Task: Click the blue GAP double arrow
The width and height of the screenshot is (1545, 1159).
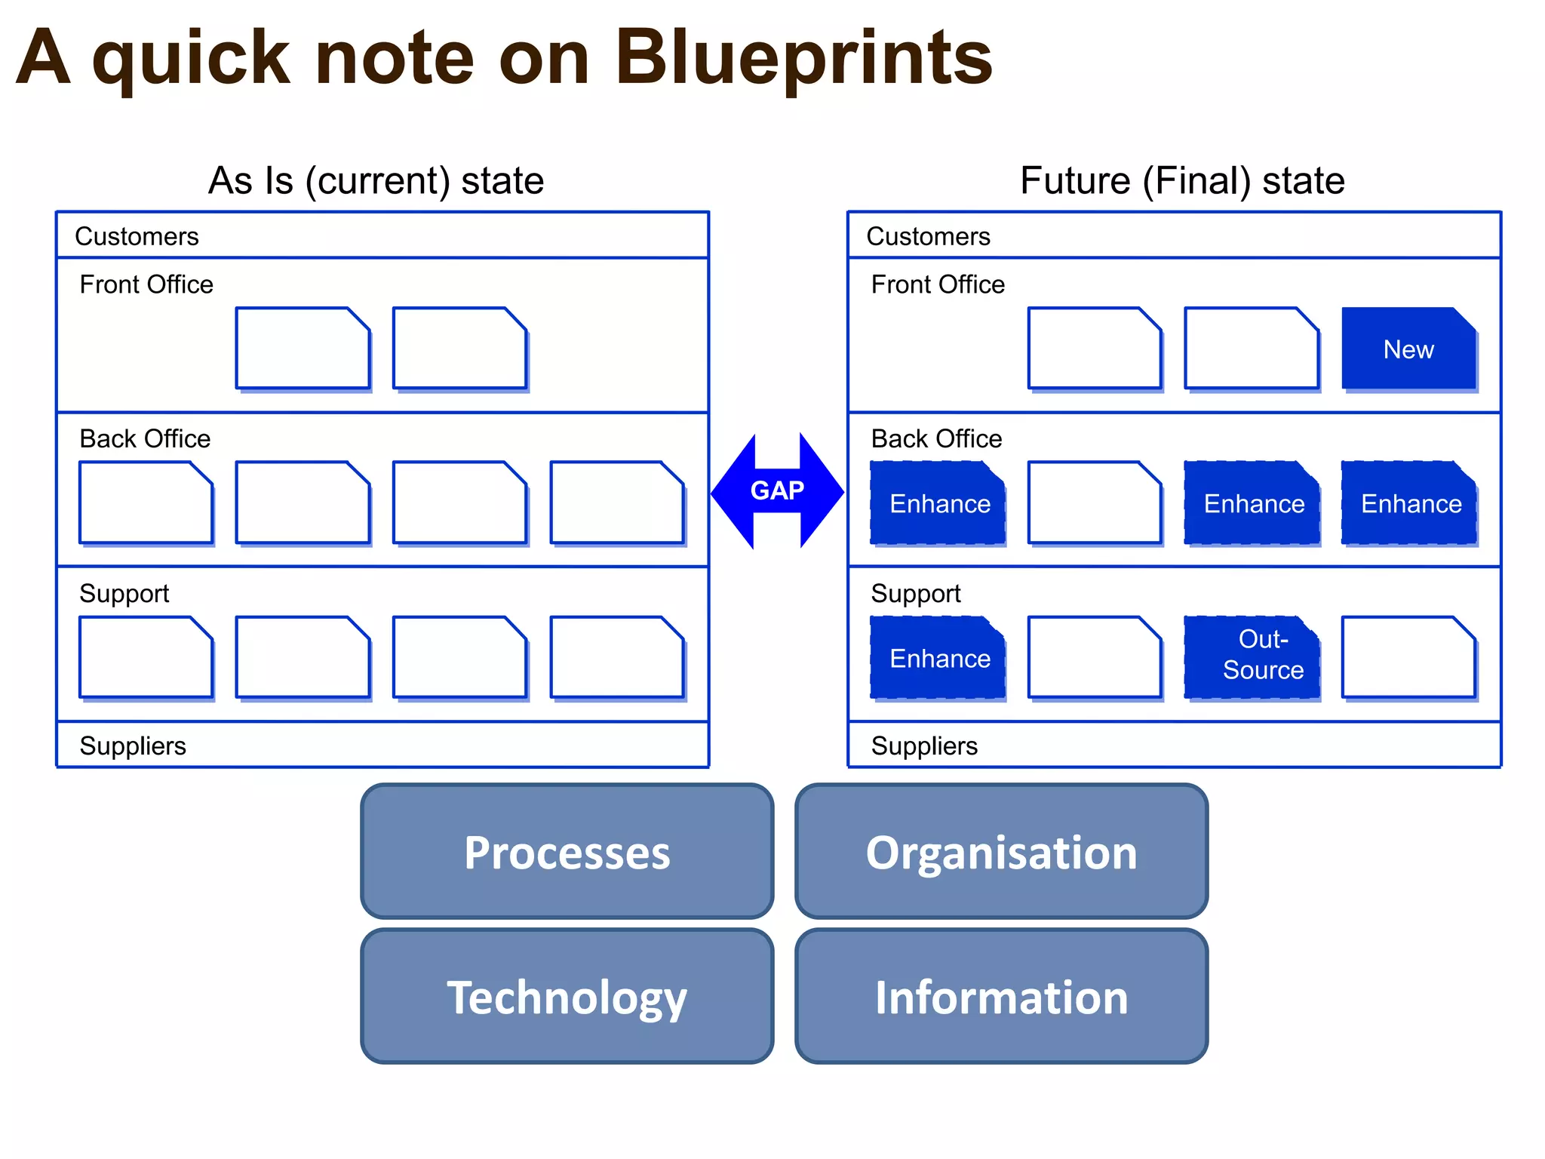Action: pos(777,490)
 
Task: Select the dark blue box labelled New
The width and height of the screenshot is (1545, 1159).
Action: pos(1408,349)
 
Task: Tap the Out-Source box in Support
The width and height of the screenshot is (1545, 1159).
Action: pos(1252,656)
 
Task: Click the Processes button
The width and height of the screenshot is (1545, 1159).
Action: pos(567,852)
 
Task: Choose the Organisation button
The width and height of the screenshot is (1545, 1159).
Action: pos(1001,852)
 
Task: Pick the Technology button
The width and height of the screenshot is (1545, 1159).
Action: pos(567,997)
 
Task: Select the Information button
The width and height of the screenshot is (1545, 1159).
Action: pos(1001,997)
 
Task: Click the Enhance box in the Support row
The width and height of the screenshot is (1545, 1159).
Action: pos(938,658)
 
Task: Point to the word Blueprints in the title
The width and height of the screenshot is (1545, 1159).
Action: pos(803,58)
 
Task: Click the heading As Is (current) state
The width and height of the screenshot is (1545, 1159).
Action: pos(376,181)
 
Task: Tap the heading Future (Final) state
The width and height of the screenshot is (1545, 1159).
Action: pos(1182,181)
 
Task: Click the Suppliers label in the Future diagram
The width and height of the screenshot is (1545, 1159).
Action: pos(924,746)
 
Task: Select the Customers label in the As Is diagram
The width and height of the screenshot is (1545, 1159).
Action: pos(137,236)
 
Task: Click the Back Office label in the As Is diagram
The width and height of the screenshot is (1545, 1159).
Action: pos(145,438)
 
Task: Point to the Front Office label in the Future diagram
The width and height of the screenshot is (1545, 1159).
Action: pos(938,284)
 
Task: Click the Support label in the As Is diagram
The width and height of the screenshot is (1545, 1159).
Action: pos(124,593)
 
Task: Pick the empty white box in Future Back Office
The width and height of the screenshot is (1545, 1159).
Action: pos(1095,503)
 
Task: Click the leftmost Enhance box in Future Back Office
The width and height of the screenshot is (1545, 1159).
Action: pos(938,503)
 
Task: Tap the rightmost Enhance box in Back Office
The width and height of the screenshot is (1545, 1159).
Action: pos(1409,503)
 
